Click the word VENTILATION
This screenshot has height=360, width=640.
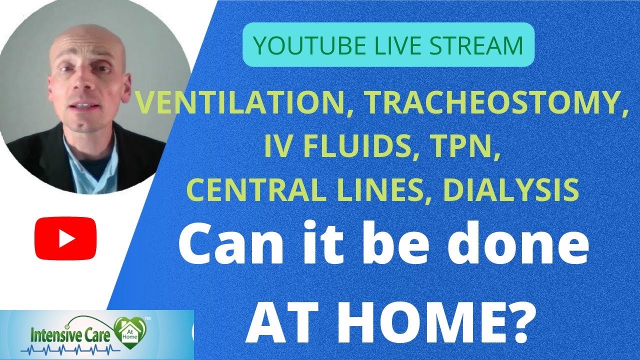point(240,104)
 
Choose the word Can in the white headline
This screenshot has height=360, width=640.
point(225,245)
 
